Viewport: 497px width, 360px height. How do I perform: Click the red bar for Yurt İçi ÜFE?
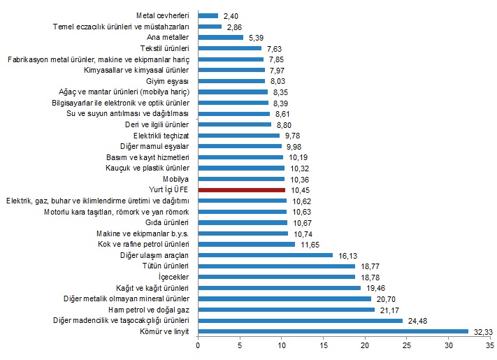tap(242, 189)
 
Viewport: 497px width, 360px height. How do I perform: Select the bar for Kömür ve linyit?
tap(333, 331)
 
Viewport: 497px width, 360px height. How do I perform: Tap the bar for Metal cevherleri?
tap(208, 15)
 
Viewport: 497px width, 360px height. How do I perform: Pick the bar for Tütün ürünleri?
tap(277, 266)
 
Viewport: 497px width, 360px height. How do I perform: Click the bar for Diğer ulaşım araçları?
tap(266, 255)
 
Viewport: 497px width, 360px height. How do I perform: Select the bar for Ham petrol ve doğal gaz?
tap(287, 310)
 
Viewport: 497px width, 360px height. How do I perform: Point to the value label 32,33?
tap(483, 331)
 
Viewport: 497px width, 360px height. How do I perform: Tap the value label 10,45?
tap(301, 189)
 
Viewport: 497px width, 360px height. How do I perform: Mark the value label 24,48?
tap(418, 321)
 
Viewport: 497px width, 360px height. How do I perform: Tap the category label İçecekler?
tap(173, 277)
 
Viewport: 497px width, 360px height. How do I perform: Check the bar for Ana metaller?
tap(221, 37)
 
